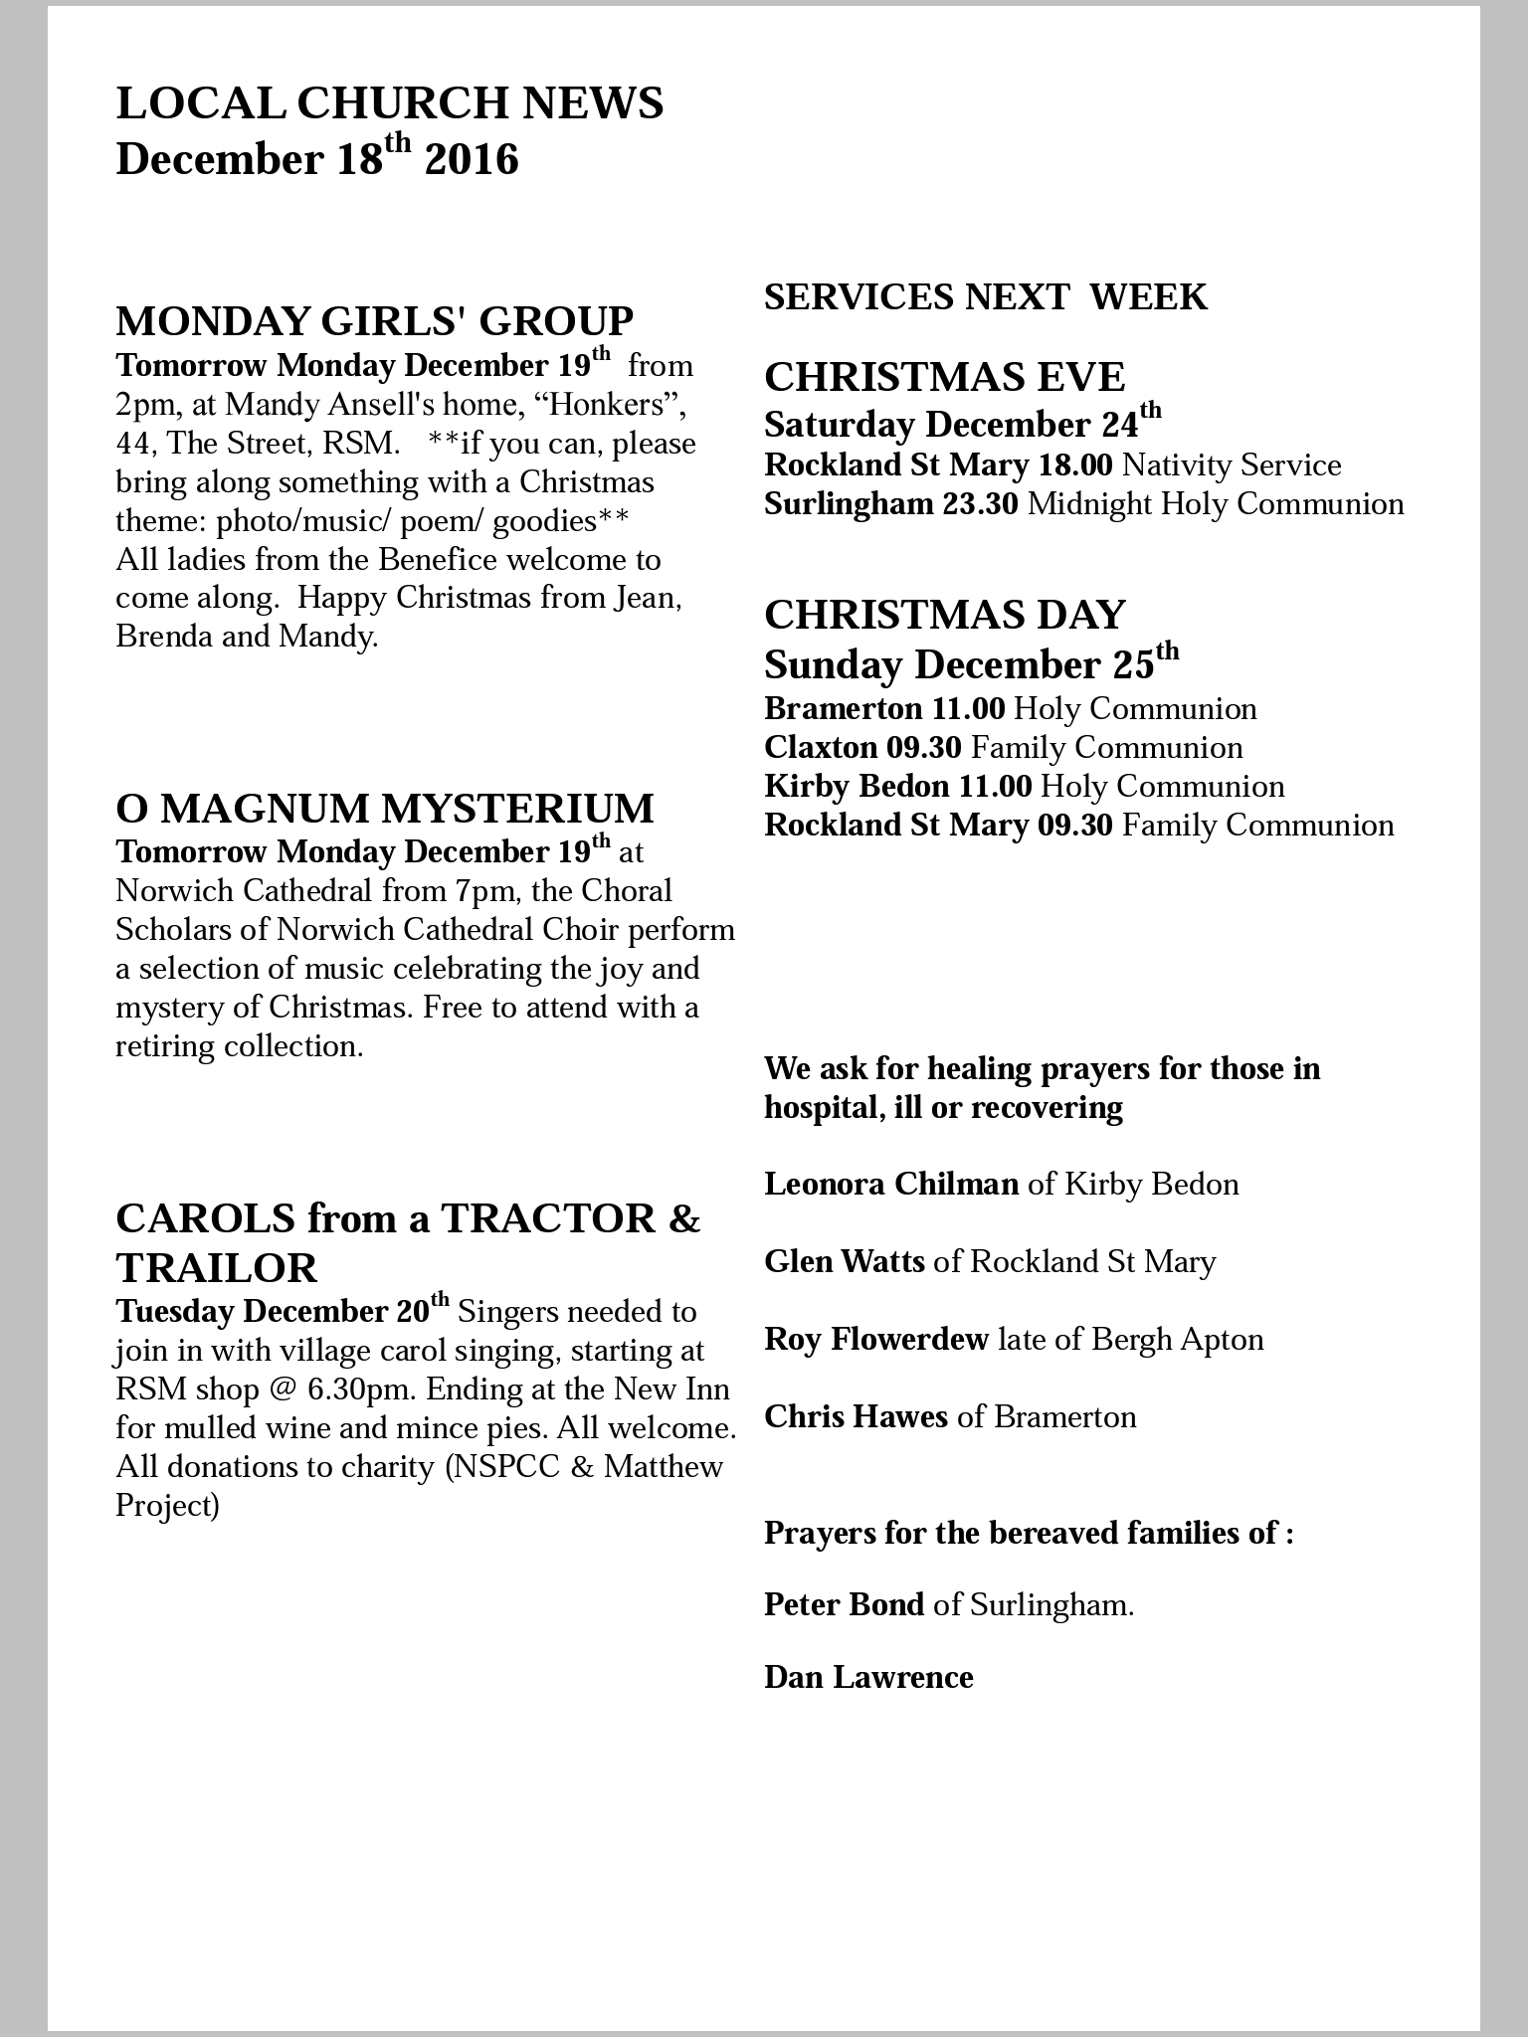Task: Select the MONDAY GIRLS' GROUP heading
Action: click(x=374, y=321)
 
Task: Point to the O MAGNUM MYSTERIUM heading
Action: click(x=385, y=809)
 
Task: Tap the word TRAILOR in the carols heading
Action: click(x=217, y=1268)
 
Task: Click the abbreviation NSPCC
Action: click(x=504, y=1466)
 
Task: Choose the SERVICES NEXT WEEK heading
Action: click(x=985, y=297)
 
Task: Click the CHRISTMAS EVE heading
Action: click(x=944, y=378)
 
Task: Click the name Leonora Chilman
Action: click(x=890, y=1185)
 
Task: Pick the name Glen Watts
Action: click(x=844, y=1262)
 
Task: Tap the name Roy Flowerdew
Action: click(x=875, y=1340)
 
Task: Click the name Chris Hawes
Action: click(x=856, y=1417)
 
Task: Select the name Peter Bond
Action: click(x=844, y=1604)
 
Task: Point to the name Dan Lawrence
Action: click(x=868, y=1678)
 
